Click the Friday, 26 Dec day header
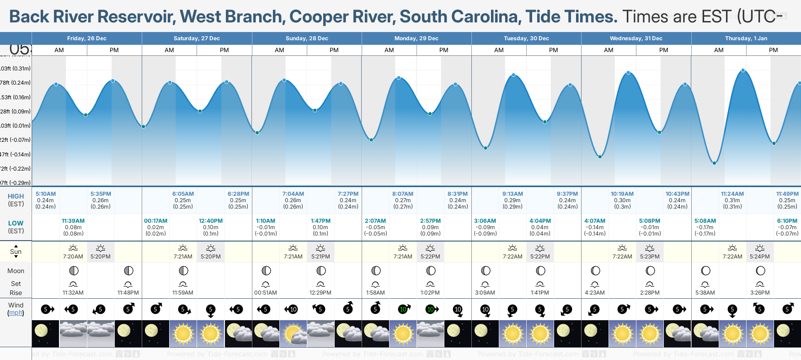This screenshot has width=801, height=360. pos(86,38)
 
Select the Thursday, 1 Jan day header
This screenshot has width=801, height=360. pos(746,38)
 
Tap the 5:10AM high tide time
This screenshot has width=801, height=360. pos(46,194)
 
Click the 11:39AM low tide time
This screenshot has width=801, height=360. pos(73,221)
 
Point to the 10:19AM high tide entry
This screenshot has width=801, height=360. pos(622,194)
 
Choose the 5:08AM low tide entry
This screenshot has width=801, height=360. pos(705,221)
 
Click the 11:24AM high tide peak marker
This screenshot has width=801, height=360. pos(743,70)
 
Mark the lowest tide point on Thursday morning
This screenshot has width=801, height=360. pos(714,163)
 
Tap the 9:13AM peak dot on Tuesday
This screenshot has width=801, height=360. pos(513,75)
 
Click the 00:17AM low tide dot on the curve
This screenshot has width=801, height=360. pos(144,126)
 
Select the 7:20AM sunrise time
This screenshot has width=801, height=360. pos(73,257)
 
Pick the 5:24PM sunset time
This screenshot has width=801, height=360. pos(760,257)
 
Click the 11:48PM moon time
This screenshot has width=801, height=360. pos(128,293)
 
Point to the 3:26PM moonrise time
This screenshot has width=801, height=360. pos(760,293)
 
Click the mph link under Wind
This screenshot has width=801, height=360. pos(16,313)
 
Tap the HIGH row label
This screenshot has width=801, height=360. pos(16,196)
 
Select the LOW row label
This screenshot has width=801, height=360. pos(16,223)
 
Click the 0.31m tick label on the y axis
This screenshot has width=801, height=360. pos(16,69)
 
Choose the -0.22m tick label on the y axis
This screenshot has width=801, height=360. pos(16,169)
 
